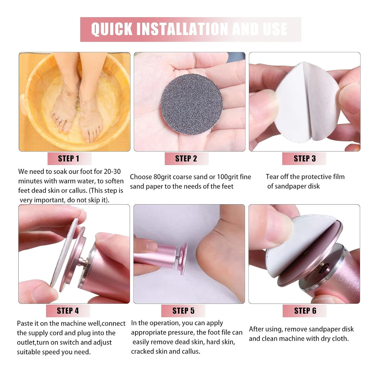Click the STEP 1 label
(x=68, y=159)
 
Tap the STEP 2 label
(x=186, y=159)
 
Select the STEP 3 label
(x=305, y=159)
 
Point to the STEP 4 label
(x=68, y=311)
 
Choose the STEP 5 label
(x=183, y=311)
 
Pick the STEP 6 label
(x=305, y=311)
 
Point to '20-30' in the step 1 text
(x=112, y=172)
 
